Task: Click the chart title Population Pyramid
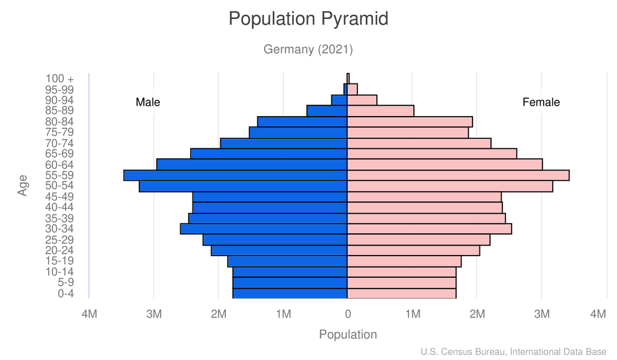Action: [308, 19]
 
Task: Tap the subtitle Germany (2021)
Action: [308, 49]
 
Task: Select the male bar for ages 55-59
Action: [235, 175]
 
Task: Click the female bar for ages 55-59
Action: [458, 175]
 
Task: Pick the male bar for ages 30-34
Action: [263, 229]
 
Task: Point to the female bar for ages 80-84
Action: [410, 122]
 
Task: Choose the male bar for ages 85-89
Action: [327, 111]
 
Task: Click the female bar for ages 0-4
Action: [402, 293]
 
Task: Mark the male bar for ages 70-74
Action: [284, 143]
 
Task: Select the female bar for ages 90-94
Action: [362, 100]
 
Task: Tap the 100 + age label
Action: [59, 79]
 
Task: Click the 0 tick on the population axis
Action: [348, 314]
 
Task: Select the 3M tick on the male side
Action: [154, 314]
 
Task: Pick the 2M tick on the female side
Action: [477, 314]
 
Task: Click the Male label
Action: [147, 103]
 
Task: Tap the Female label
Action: [541, 103]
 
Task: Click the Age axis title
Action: [23, 186]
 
